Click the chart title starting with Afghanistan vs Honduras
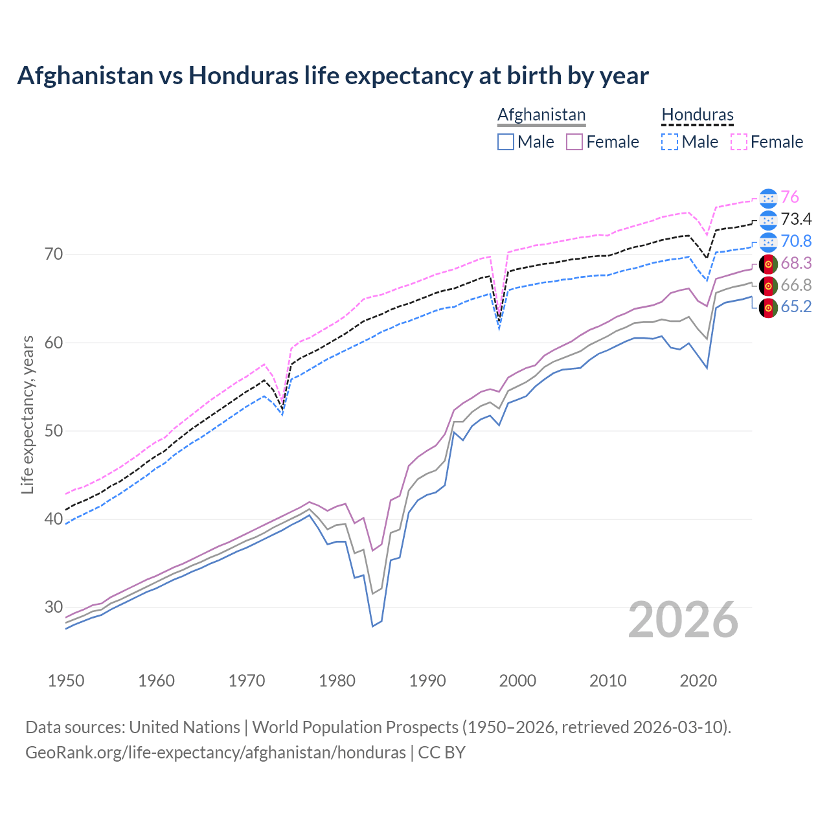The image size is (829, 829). point(333,76)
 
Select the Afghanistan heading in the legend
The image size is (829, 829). point(541,115)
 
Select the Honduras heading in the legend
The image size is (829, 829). point(698,115)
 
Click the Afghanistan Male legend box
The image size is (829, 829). point(506,142)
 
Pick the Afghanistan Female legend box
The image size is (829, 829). point(575,142)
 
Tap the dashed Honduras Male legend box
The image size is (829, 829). point(670,142)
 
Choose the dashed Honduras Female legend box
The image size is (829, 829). point(739,142)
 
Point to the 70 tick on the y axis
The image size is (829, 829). point(54,255)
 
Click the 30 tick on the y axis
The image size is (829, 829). point(54,608)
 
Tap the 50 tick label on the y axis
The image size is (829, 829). point(54,431)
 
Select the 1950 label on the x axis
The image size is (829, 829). point(66,681)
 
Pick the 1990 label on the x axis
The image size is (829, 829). point(427,681)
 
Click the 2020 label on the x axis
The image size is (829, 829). point(698,681)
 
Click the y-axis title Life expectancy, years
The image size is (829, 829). point(27,414)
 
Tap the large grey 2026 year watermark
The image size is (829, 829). point(683,620)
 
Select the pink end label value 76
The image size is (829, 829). point(789,198)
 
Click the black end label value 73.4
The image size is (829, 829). point(796,220)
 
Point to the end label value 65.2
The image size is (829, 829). point(796,307)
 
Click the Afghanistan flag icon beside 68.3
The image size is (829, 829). point(768,264)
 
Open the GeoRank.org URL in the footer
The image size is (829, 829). point(215,753)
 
